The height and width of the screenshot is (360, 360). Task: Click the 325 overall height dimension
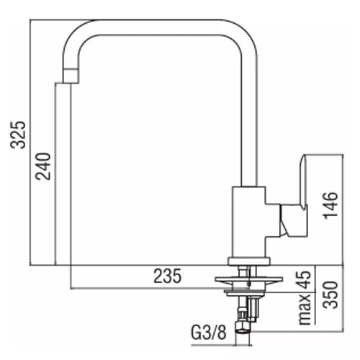[18, 135]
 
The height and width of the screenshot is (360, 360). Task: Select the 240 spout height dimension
[43, 166]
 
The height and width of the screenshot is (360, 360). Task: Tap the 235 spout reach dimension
[168, 276]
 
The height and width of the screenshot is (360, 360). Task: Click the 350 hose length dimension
[330, 294]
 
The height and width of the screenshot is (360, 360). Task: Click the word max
[305, 310]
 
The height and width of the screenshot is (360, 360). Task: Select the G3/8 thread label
[209, 333]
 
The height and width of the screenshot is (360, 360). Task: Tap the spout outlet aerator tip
[71, 76]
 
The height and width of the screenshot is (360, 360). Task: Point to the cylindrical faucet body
[249, 222]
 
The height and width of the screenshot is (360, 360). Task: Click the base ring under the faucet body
[249, 261]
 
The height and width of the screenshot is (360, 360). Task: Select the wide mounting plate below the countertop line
[249, 279]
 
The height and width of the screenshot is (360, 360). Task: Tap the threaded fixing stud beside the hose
[253, 310]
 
